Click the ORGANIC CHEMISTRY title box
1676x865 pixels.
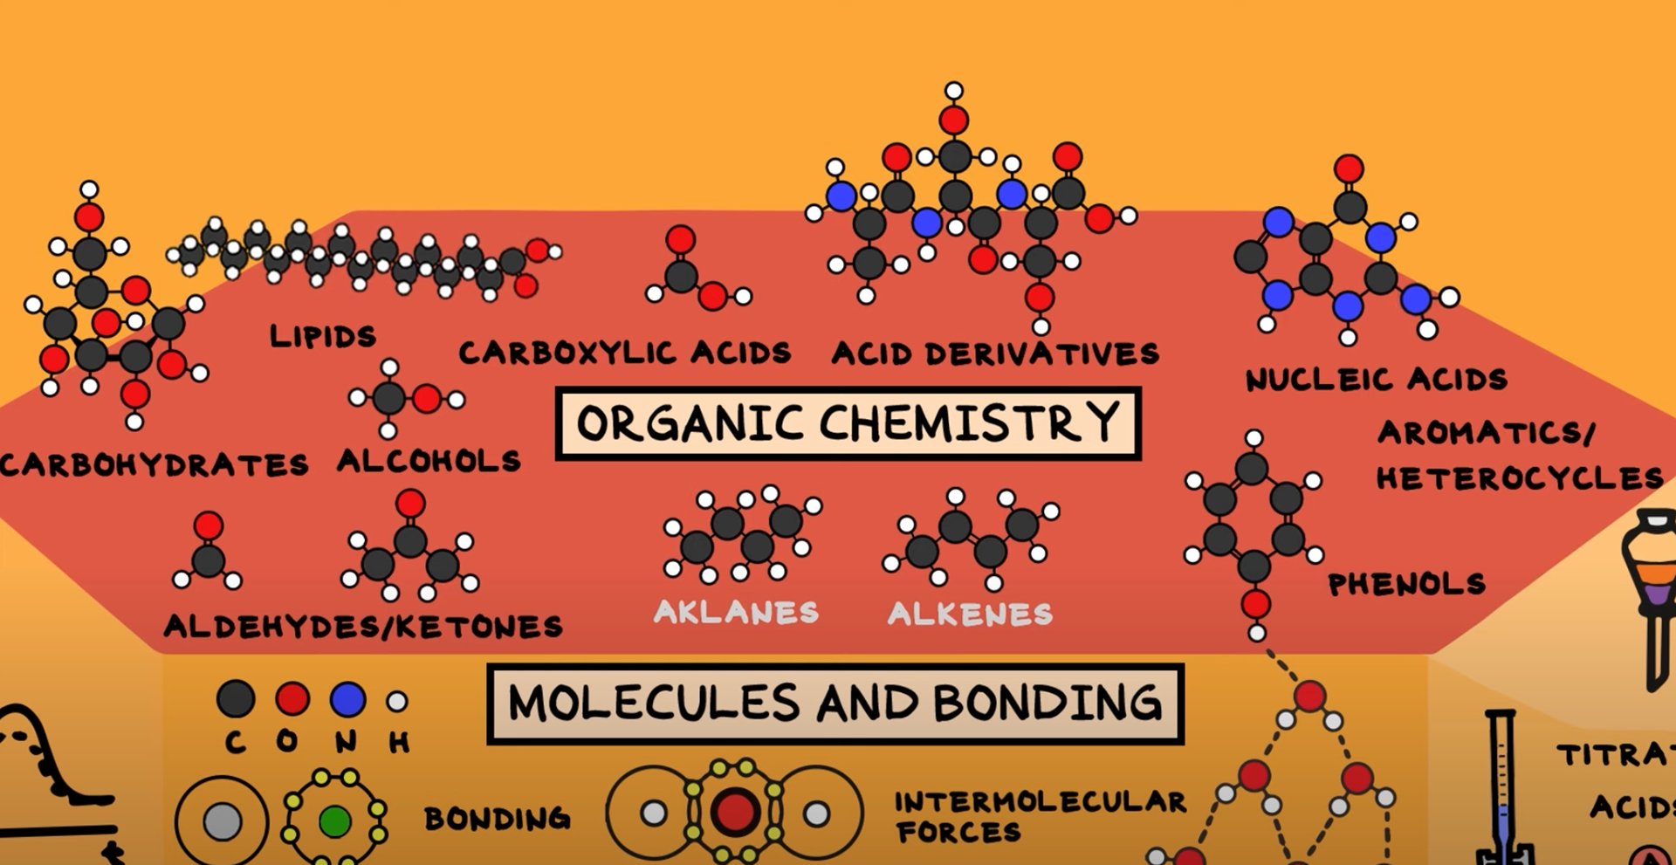pos(848,423)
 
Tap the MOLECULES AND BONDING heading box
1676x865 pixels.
pos(835,704)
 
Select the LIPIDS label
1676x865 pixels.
pos(323,336)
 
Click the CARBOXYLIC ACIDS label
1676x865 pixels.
pos(625,353)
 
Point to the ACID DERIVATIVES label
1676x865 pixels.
pos(995,354)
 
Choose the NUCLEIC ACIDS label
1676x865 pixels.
pos(1376,380)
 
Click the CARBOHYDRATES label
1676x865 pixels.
pos(155,464)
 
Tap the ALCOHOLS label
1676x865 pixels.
pos(429,461)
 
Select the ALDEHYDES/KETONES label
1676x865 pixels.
pos(363,626)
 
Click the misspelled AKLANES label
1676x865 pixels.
pos(736,612)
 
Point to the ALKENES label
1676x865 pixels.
pos(970,614)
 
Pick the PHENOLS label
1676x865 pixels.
pos(1406,584)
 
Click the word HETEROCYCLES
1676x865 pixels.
pos(1520,478)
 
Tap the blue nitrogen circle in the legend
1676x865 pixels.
pos(347,699)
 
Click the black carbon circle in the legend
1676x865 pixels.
pos(236,699)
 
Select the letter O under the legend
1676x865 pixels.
pos(287,742)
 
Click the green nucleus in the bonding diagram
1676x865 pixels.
pos(334,820)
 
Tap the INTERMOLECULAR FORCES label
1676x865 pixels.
pos(1040,816)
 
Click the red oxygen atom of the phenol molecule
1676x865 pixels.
pos(1256,603)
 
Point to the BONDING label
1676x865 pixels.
pos(497,819)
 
